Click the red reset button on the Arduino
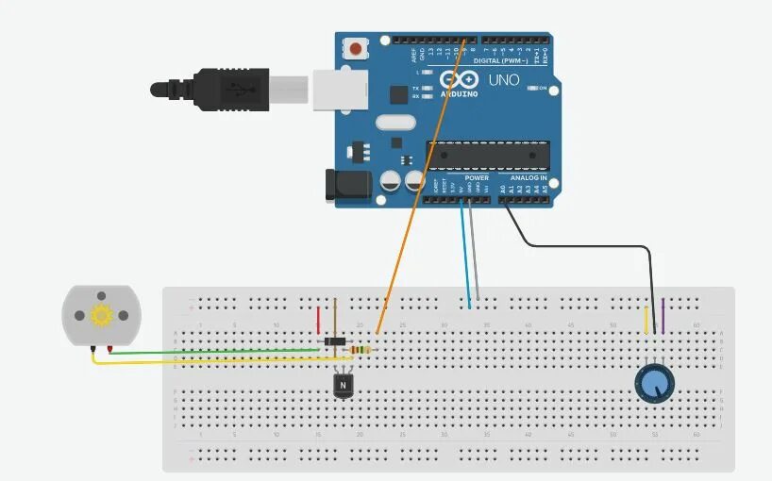click(x=356, y=47)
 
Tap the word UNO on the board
click(x=504, y=80)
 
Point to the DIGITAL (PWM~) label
click(x=500, y=60)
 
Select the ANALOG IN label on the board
click(x=529, y=177)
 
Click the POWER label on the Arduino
click(x=477, y=177)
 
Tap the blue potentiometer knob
click(x=654, y=382)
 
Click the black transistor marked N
click(x=343, y=384)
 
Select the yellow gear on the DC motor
click(x=101, y=315)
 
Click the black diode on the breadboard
click(x=333, y=340)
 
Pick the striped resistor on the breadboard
click(x=360, y=351)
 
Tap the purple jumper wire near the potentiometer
click(x=663, y=316)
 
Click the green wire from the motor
click(x=217, y=351)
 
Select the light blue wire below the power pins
click(x=465, y=255)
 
